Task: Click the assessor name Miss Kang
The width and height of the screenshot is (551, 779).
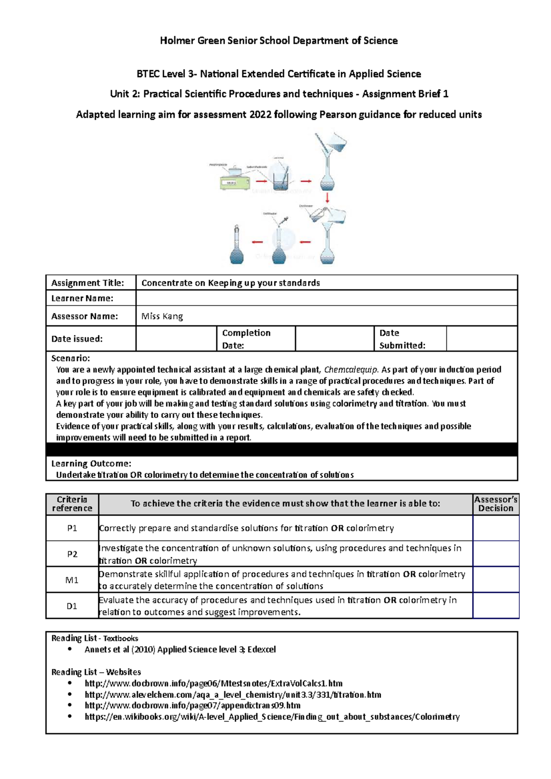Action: (162, 316)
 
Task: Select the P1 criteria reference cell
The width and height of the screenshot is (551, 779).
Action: (72, 528)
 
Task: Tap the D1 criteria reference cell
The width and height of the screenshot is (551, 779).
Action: (72, 606)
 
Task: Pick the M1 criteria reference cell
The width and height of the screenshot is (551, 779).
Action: (72, 580)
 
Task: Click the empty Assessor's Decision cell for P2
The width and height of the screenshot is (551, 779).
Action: (496, 554)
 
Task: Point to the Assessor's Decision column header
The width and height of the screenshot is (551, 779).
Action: (496, 504)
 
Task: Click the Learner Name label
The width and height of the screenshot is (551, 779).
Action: (82, 298)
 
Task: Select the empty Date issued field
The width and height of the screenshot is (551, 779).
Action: (176, 339)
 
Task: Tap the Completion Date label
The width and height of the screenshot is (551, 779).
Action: (246, 339)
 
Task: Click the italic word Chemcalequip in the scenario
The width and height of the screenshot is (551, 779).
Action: (351, 370)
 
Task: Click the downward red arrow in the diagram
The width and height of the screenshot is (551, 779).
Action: (327, 198)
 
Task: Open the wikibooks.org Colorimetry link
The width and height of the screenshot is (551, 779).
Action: (272, 717)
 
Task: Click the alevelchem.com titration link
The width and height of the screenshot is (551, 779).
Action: (233, 695)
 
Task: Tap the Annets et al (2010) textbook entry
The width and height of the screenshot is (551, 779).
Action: (180, 649)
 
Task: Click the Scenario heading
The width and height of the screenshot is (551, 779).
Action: (70, 358)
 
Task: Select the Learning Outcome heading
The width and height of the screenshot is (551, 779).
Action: (91, 463)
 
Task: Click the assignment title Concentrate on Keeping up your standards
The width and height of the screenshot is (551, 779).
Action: (231, 283)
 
